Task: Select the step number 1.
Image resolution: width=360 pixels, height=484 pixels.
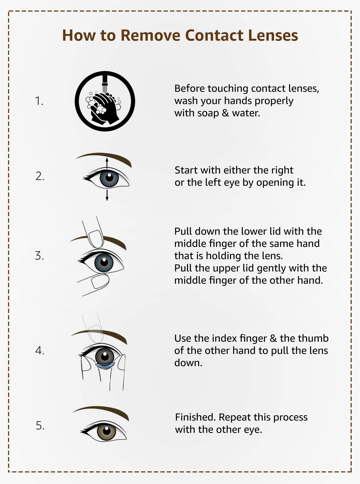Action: (x=39, y=101)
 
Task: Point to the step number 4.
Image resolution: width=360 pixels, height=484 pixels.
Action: (x=39, y=351)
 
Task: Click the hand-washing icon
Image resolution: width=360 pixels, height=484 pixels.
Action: (x=105, y=101)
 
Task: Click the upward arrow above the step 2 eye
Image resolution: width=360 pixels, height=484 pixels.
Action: (x=107, y=163)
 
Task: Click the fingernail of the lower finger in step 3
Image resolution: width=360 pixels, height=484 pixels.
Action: (x=100, y=281)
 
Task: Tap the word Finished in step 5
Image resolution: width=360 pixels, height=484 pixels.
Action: (x=195, y=417)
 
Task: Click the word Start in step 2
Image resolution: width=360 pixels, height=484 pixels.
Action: (x=186, y=170)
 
